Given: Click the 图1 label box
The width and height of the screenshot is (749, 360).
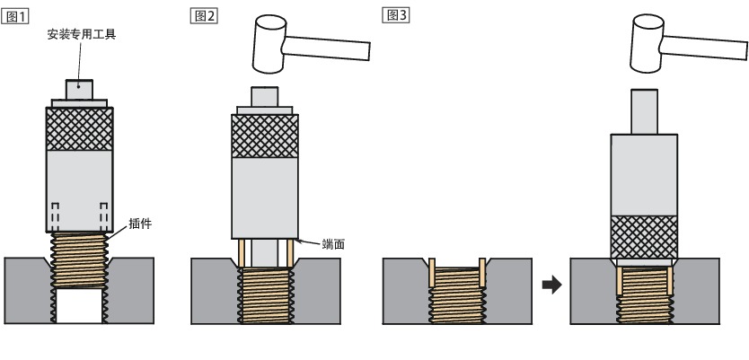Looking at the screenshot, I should click(18, 17).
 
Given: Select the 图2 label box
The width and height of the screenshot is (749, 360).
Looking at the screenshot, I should click(204, 17).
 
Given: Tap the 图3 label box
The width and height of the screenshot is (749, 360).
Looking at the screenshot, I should click(396, 17).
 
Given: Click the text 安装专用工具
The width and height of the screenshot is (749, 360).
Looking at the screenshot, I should click(82, 35).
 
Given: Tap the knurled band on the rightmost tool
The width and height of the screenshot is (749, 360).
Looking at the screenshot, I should click(644, 236).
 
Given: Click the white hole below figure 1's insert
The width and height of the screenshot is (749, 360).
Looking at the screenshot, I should click(81, 307).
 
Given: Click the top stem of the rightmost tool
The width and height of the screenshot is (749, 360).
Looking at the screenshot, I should click(643, 111).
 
